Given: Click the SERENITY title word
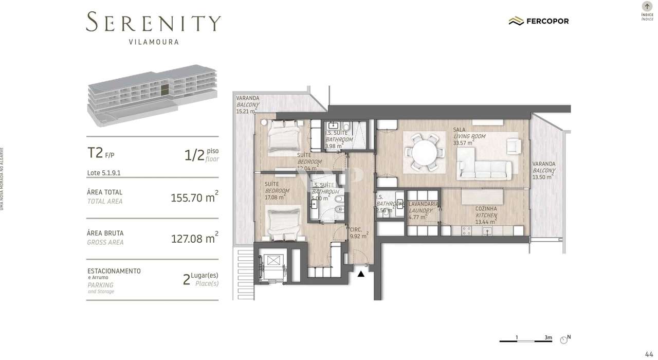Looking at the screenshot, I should click(153, 23).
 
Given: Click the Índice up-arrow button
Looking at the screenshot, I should click(647, 7).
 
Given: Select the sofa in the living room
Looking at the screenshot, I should click(485, 168).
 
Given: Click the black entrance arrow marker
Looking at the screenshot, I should click(361, 274).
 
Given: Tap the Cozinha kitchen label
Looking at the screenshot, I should click(486, 209).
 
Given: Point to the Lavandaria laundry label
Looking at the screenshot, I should click(423, 204).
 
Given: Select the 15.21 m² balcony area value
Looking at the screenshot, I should click(246, 111).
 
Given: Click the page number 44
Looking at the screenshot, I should click(649, 353).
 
